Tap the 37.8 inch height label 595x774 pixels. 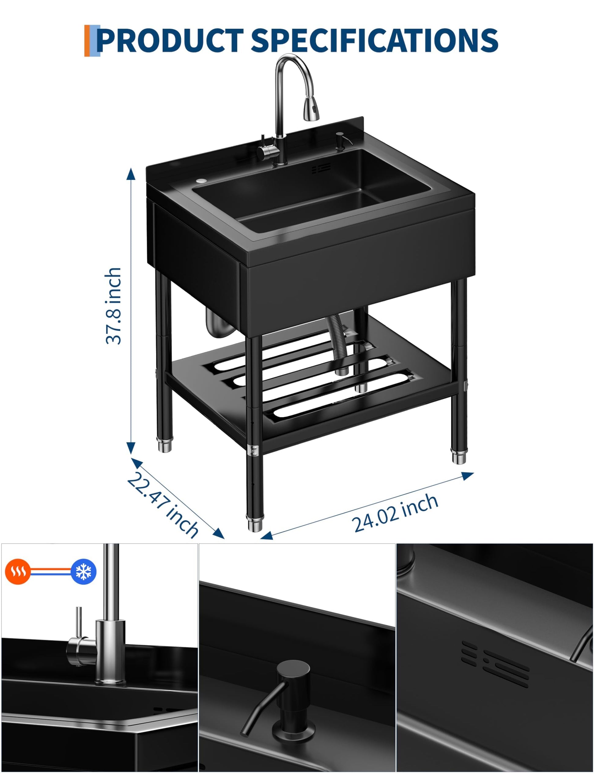pos(113,306)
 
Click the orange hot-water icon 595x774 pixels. pos(18,572)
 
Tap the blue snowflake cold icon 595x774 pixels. pos(83,572)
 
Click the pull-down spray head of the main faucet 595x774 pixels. pos(311,107)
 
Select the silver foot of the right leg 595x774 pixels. pos(459,456)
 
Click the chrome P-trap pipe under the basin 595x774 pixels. pos(217,323)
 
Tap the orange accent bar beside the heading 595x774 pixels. pos(87,41)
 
